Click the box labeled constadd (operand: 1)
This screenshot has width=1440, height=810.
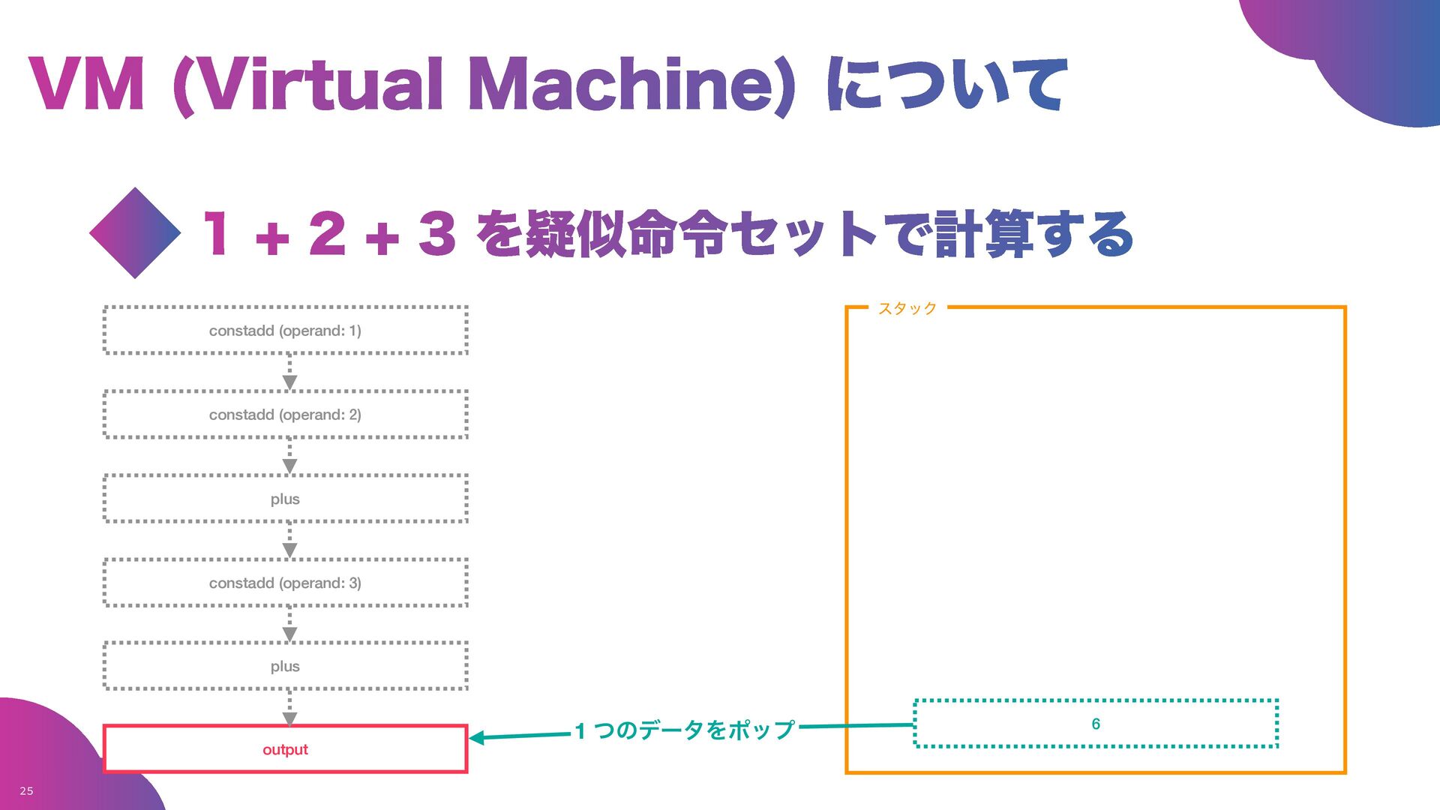[x=285, y=330]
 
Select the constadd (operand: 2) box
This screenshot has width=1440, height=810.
[x=285, y=414]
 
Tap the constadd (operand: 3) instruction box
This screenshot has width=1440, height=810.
[x=285, y=583]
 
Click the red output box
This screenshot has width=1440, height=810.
[x=285, y=749]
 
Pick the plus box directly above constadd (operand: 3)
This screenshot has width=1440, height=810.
[x=285, y=499]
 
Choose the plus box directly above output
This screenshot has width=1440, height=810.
[x=285, y=666]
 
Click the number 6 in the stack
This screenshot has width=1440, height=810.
[x=1096, y=724]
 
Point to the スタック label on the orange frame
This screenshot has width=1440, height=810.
[x=907, y=308]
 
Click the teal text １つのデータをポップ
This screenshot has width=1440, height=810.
[x=685, y=730]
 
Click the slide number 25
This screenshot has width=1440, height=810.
[x=26, y=790]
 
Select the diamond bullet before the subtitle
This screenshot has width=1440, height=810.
[x=135, y=233]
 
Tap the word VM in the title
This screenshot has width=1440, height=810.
[x=87, y=84]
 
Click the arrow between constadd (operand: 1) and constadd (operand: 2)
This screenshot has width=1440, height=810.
[x=289, y=373]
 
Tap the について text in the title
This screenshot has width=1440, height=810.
[x=946, y=84]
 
